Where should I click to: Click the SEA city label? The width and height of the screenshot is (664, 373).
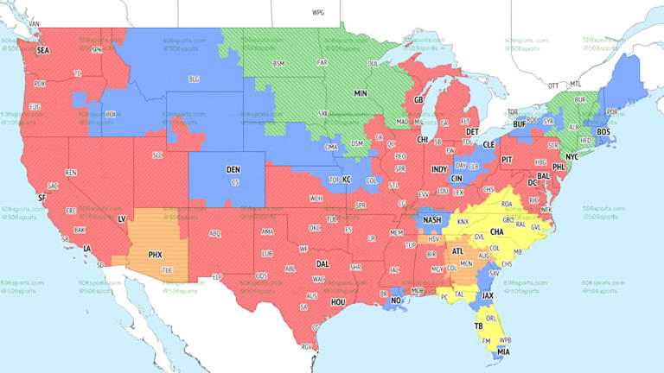[42, 51]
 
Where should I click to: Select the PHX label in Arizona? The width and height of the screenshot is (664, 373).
[156, 255]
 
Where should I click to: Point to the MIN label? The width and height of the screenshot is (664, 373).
[361, 92]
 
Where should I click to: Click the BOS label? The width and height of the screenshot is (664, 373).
[603, 131]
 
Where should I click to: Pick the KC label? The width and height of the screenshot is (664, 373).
[347, 180]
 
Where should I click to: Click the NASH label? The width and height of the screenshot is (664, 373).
[432, 220]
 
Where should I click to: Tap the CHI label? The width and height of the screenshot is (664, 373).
[423, 139]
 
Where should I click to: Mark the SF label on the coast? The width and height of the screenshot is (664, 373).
[41, 198]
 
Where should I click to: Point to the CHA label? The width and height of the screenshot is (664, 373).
[497, 231]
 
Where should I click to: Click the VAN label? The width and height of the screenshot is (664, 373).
[35, 22]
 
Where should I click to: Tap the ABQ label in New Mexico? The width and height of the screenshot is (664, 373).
[214, 233]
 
